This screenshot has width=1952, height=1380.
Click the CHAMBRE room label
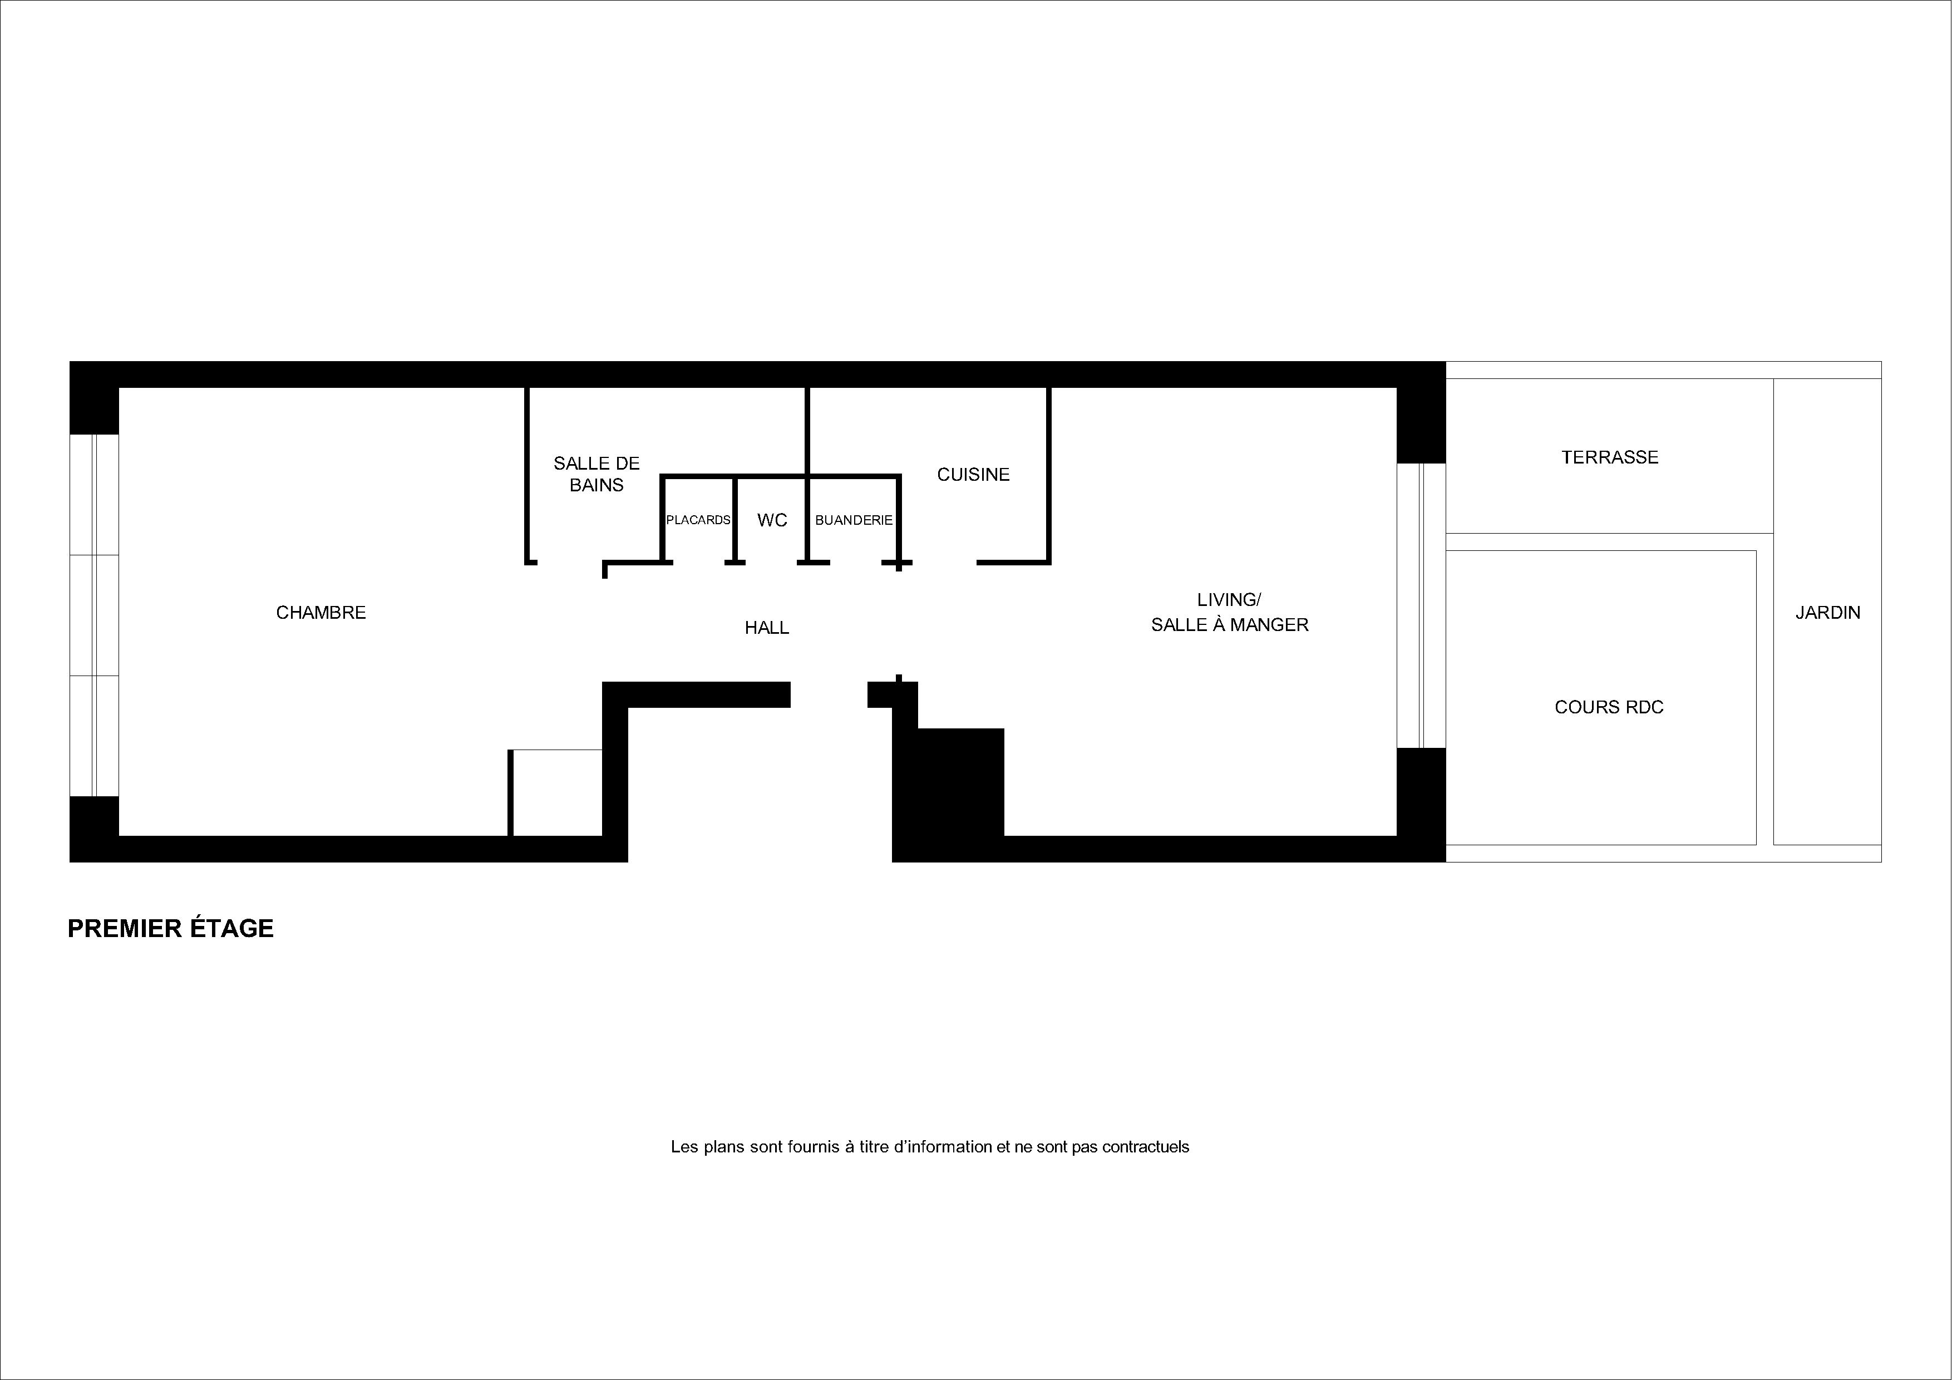pyautogui.click(x=321, y=612)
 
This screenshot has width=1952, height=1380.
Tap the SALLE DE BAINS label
pyautogui.click(x=596, y=474)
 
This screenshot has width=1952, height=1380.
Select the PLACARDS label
pyautogui.click(x=698, y=520)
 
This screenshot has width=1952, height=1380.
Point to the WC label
pyautogui.click(x=772, y=520)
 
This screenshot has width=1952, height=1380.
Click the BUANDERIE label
pyautogui.click(x=854, y=520)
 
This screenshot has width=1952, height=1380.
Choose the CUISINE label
pyautogui.click(x=973, y=475)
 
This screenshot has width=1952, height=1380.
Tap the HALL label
pyautogui.click(x=767, y=628)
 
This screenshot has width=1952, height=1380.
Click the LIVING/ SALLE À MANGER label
pyautogui.click(x=1229, y=612)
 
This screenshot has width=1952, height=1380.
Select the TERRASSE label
pyautogui.click(x=1609, y=457)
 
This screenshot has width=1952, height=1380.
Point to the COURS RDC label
pyautogui.click(x=1609, y=707)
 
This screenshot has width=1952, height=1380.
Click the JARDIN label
pyautogui.click(x=1828, y=612)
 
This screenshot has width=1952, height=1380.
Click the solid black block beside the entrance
pyautogui.click(x=948, y=782)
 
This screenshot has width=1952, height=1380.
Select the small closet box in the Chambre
pyautogui.click(x=556, y=792)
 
